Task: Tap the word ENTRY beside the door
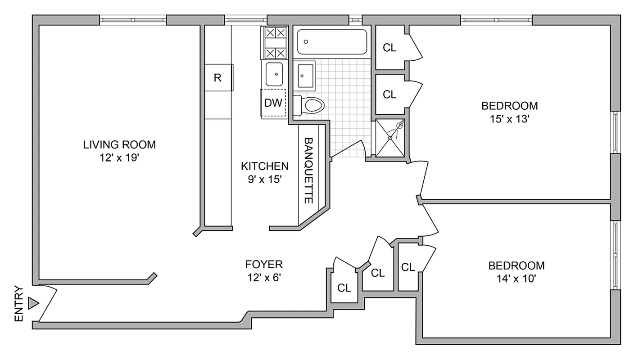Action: coord(19,304)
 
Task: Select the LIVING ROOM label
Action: coord(119,145)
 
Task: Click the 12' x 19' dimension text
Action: coord(119,158)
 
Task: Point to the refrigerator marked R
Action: coord(218,78)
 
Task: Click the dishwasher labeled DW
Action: coord(273,103)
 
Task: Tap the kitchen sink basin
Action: coord(274,74)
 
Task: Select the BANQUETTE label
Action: coord(308,171)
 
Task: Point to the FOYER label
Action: coord(264,264)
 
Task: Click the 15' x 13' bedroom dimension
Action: coord(509,120)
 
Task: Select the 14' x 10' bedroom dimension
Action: coord(516,279)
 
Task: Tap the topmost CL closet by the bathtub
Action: coord(389,48)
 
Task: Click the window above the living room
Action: coord(133,20)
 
